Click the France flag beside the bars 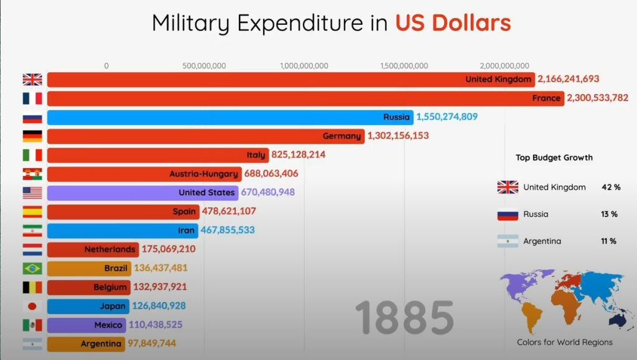coord(32,98)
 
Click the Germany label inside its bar coord(342,136)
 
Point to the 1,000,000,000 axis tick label coord(304,66)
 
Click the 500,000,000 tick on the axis coord(204,66)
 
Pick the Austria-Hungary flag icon coord(32,174)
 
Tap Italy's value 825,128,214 coord(299,155)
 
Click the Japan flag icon coord(32,306)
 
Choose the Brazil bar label coord(116,269)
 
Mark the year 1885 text coord(404,317)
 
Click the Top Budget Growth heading coord(554,158)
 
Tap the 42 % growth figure coord(611,187)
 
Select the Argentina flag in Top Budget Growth coord(508,241)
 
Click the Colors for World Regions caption coord(564,343)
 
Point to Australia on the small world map coord(618,320)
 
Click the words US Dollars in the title coord(453,23)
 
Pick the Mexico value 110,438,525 coord(157,325)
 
